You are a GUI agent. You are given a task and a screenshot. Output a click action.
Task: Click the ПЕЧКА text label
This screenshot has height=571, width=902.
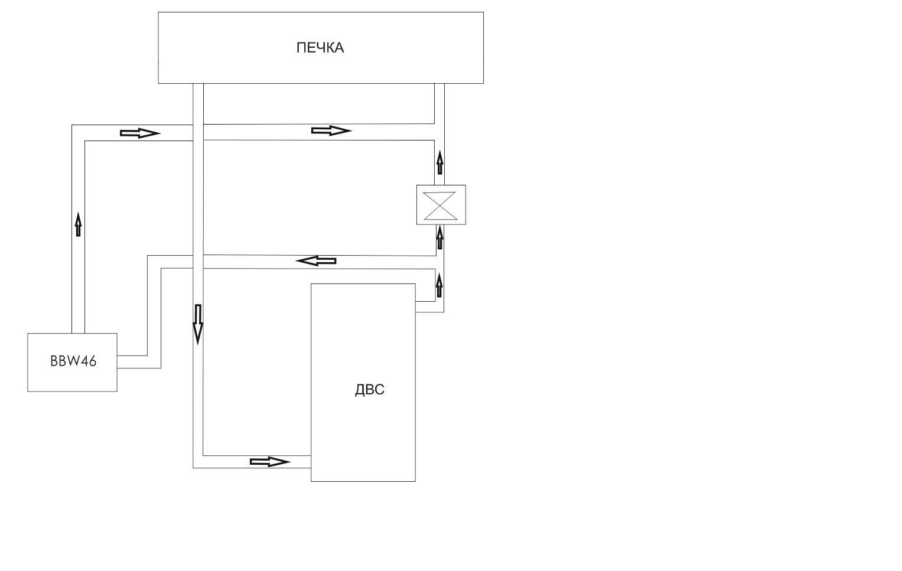[x=320, y=48]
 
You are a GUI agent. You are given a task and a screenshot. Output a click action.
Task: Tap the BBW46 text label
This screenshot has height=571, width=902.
[x=73, y=361]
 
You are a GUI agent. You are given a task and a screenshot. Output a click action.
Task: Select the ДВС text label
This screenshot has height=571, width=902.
[x=370, y=390]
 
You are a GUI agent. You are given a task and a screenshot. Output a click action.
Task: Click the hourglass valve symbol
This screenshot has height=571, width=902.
[x=440, y=206]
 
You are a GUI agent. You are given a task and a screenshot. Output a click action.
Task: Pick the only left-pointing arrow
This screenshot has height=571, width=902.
[x=316, y=261]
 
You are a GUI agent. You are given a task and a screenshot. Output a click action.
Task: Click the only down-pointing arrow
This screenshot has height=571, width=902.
[x=198, y=324]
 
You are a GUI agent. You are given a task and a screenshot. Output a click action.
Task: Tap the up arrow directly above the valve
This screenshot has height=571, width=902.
[x=439, y=162]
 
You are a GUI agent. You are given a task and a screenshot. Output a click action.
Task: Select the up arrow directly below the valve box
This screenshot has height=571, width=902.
[x=439, y=237]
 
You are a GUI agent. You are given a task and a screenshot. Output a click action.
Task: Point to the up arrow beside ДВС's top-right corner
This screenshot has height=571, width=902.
[x=439, y=285]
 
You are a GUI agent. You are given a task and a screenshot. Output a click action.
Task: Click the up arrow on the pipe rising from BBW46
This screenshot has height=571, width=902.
[x=79, y=224]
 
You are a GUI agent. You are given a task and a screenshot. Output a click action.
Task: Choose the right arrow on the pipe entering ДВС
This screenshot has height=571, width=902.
[x=270, y=462]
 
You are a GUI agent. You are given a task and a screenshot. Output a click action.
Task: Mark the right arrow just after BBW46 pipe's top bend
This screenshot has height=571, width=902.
[x=140, y=133]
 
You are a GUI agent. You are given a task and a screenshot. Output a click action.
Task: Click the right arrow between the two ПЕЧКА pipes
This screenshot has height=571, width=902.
[x=331, y=130]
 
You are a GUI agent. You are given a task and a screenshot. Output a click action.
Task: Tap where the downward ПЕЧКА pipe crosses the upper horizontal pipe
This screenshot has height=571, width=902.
[x=198, y=132]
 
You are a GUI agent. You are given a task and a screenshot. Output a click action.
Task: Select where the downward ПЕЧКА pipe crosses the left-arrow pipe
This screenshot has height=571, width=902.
[x=198, y=262]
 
